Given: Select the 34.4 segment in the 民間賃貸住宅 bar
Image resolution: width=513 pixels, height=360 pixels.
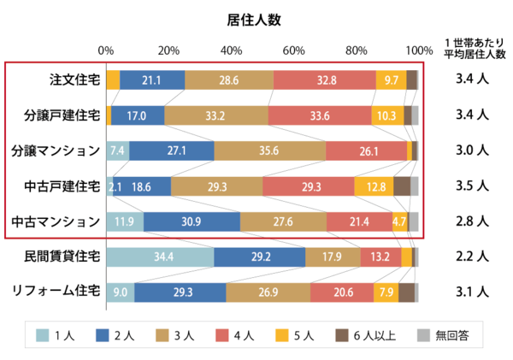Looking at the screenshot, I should point(160,257).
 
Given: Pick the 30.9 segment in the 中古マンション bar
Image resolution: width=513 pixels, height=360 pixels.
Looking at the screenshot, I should point(192,221).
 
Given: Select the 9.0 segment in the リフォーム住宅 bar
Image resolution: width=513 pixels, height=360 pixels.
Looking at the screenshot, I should point(120,292).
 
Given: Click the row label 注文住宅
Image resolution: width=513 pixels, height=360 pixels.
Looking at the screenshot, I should point(74,80).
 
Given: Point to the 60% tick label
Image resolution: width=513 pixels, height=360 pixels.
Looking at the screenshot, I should point(294,50).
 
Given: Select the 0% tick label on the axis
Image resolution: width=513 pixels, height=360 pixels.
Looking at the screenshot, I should point(107,50).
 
